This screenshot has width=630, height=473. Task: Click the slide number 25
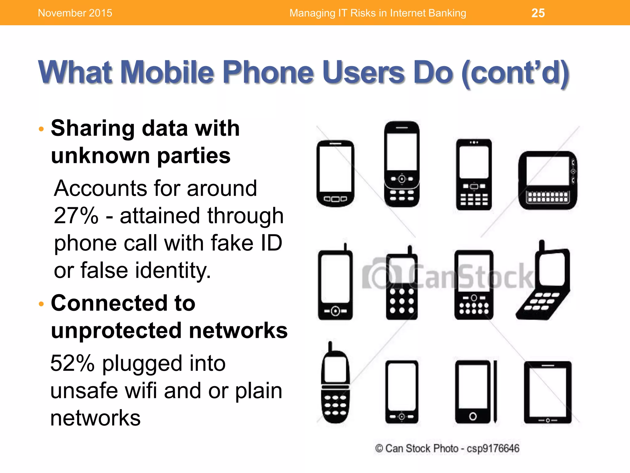pos(538,13)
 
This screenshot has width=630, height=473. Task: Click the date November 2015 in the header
pos(75,13)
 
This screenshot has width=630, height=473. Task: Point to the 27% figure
pos(76,216)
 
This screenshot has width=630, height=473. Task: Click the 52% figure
pos(72,363)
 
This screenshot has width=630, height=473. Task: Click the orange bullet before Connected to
pos(42,304)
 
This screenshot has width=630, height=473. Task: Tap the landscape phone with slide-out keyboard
pos(548,180)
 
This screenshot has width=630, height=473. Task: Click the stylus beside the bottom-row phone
pos(495,391)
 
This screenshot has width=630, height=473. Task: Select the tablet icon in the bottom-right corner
pos(548,392)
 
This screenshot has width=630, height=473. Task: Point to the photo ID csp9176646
pos(493,448)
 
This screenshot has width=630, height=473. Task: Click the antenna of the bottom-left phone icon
pos(330,346)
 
